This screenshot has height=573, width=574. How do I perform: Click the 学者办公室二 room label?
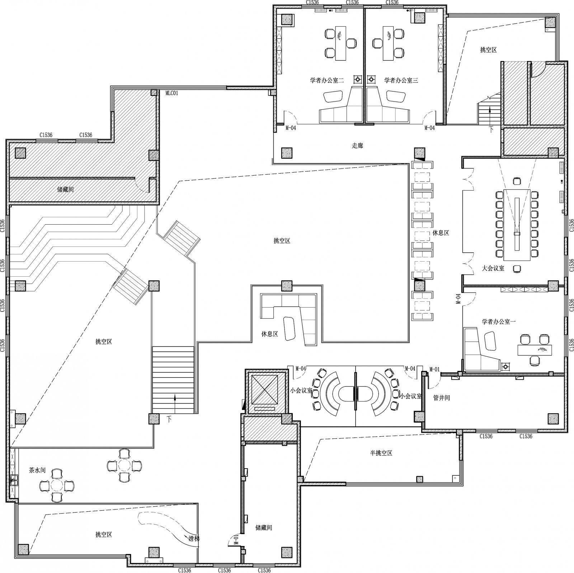point(327,81)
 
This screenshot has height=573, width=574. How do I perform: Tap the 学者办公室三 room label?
point(401,81)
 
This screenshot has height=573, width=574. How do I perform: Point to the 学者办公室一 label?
point(499,322)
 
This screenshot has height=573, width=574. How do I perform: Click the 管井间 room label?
point(442,398)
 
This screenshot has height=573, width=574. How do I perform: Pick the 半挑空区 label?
point(381,453)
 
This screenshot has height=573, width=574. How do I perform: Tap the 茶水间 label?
point(37,470)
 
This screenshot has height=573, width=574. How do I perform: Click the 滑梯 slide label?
point(194,539)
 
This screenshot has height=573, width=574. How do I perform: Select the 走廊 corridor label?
point(357,146)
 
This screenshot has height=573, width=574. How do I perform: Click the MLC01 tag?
point(171,93)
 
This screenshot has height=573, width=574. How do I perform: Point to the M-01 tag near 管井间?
point(434,369)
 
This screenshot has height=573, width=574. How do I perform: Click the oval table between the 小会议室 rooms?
point(356,393)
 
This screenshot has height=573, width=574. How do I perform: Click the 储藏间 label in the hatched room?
point(65,189)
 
